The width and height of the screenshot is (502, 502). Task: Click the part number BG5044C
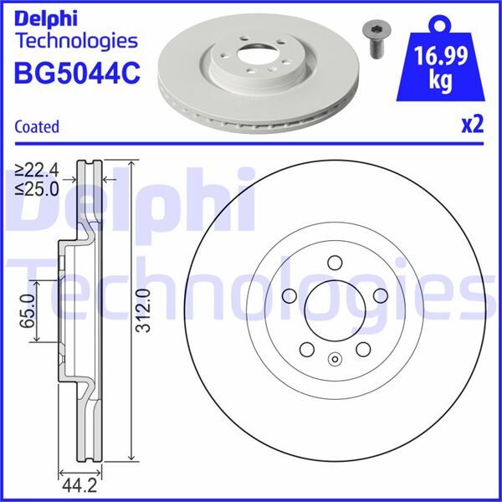point(76,73)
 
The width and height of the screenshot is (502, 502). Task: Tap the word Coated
point(37,127)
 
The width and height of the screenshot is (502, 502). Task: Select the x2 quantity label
point(473,125)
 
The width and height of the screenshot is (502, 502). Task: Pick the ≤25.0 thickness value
point(38,187)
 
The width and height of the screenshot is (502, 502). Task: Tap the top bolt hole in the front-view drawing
point(334,261)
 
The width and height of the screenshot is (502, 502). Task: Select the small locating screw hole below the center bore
point(334,361)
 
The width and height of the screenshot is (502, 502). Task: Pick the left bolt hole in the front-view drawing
point(288,295)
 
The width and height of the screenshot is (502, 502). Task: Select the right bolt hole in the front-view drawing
point(381,295)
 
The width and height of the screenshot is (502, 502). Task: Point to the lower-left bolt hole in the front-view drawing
point(305,349)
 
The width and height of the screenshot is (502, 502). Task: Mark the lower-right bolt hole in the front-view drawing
point(363,349)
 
